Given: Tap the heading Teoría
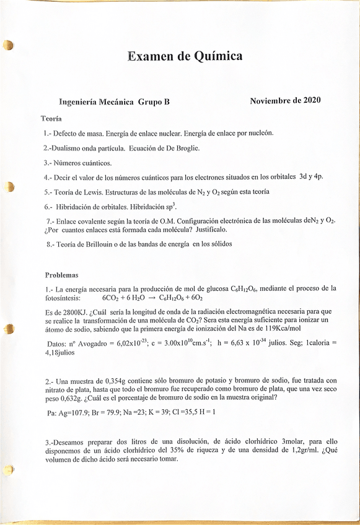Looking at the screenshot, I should [x=50, y=118].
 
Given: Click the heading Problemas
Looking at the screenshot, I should [x=61, y=274].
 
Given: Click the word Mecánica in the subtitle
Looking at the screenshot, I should [x=116, y=102].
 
